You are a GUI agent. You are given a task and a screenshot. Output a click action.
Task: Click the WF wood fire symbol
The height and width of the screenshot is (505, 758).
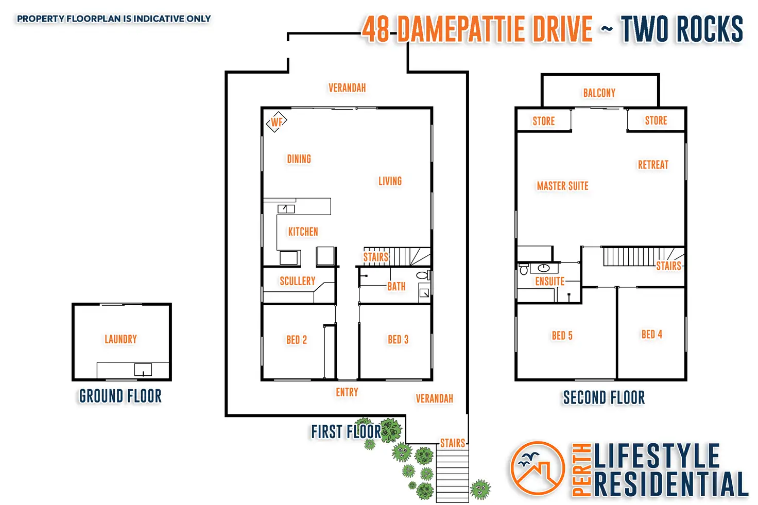coord(277,122)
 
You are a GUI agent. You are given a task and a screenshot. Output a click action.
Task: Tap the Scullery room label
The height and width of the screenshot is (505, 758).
coord(298,281)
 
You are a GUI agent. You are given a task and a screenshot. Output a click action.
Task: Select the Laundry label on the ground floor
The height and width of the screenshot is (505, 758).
coord(121,339)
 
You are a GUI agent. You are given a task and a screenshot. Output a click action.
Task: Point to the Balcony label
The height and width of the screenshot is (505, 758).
coord(599,93)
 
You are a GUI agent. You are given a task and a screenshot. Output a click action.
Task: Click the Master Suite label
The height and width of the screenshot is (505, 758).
coord(563,186)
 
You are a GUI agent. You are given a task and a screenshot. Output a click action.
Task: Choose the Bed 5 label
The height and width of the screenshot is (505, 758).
coord(562,336)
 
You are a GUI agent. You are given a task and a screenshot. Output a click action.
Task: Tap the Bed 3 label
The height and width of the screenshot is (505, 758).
coord(398,339)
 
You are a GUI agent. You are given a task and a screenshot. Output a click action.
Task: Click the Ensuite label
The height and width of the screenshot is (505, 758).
coord(550,281)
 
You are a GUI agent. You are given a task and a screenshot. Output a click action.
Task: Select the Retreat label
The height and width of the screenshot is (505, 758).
coord(653,165)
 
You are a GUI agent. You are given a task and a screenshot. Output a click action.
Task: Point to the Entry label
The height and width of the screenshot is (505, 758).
coord(347,392)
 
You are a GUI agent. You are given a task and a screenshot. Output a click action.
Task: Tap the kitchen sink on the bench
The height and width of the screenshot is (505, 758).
coord(286,209)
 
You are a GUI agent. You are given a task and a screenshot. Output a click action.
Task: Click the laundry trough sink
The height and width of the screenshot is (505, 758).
coord(143,370)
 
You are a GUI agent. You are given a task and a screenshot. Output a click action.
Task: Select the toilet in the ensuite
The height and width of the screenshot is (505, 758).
coord(524,269)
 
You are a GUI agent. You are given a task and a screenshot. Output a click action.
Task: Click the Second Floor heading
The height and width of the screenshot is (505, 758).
coord(604,397)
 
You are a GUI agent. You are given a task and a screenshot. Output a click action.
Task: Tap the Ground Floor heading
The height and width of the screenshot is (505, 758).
coord(120,396)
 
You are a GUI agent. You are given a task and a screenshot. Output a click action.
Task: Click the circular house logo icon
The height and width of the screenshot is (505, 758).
coord(538,468)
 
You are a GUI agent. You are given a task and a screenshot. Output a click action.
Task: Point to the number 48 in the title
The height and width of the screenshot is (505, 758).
coord(375,29)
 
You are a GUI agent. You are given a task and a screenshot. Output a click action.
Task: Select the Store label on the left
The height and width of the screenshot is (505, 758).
coord(544,121)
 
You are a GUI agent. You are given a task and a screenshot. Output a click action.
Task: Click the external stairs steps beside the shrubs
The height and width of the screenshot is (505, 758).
coord(453,476)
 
